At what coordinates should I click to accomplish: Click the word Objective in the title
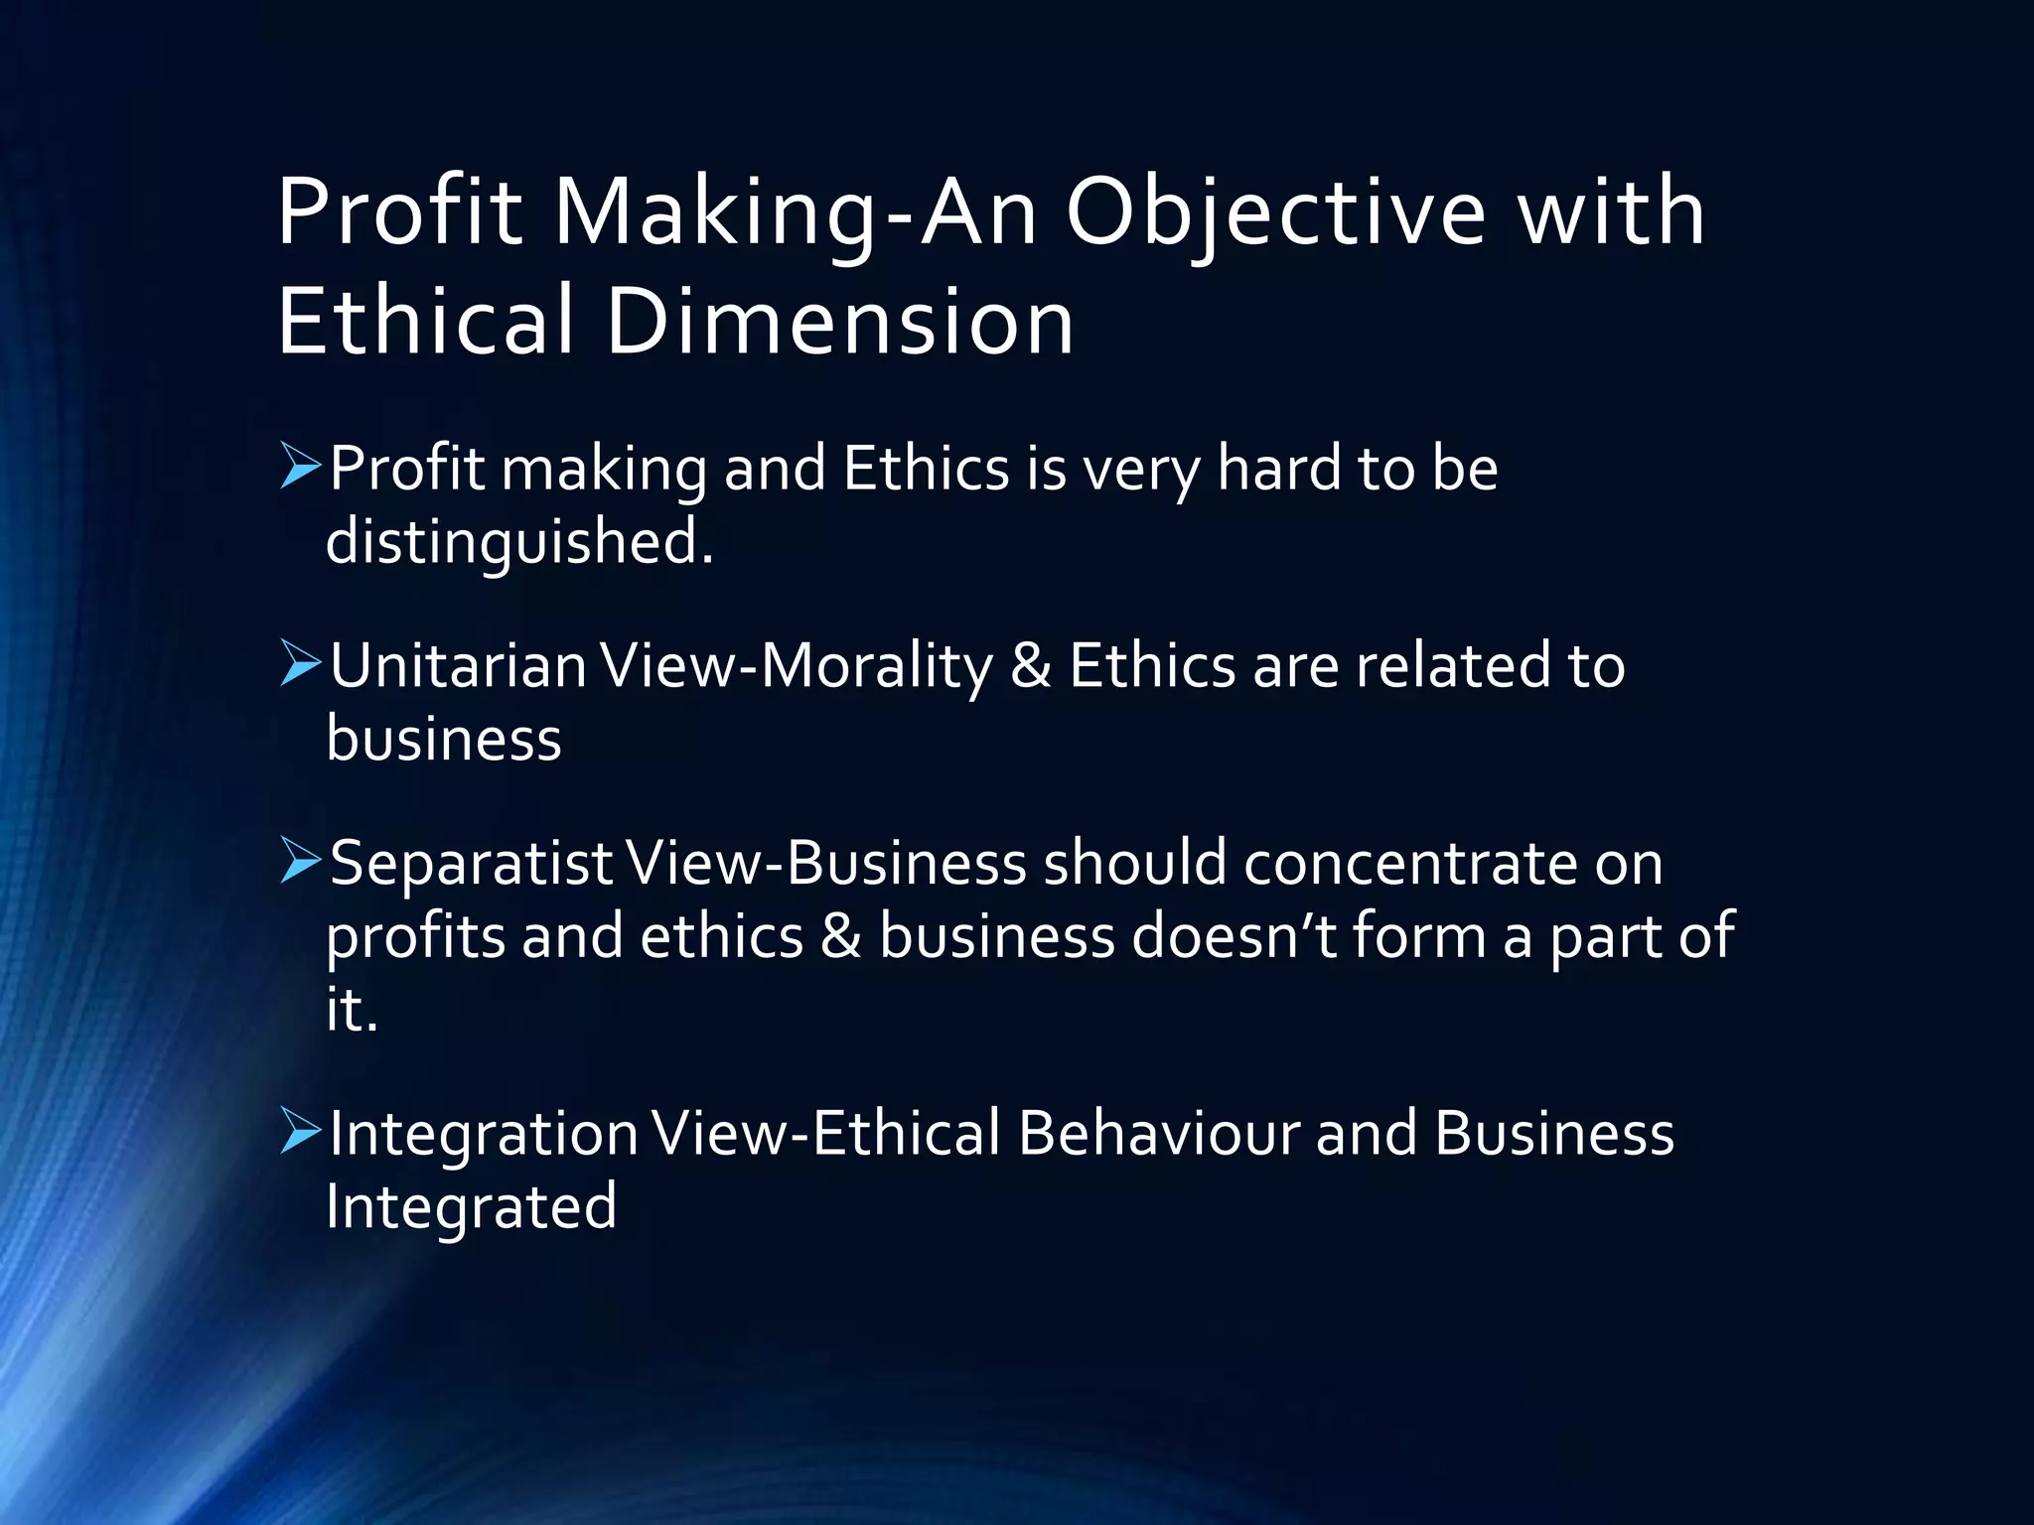1275,212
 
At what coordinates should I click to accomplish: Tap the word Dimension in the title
839,322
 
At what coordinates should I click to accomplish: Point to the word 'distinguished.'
519,542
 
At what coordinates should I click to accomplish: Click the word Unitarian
458,665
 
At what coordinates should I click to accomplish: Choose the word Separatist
471,863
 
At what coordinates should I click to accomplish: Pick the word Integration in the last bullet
484,1133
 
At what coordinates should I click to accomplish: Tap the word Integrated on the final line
471,1206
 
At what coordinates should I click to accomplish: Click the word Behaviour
1158,1133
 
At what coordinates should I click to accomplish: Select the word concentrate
1410,863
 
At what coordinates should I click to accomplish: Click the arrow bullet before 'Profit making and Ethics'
301,467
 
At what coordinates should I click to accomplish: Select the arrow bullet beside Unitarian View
301,663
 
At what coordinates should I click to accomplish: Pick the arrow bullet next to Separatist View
301,861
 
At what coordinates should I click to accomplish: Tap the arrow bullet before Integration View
301,1131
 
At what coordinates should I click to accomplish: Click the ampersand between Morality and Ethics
1030,665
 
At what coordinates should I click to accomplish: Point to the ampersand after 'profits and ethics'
841,936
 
